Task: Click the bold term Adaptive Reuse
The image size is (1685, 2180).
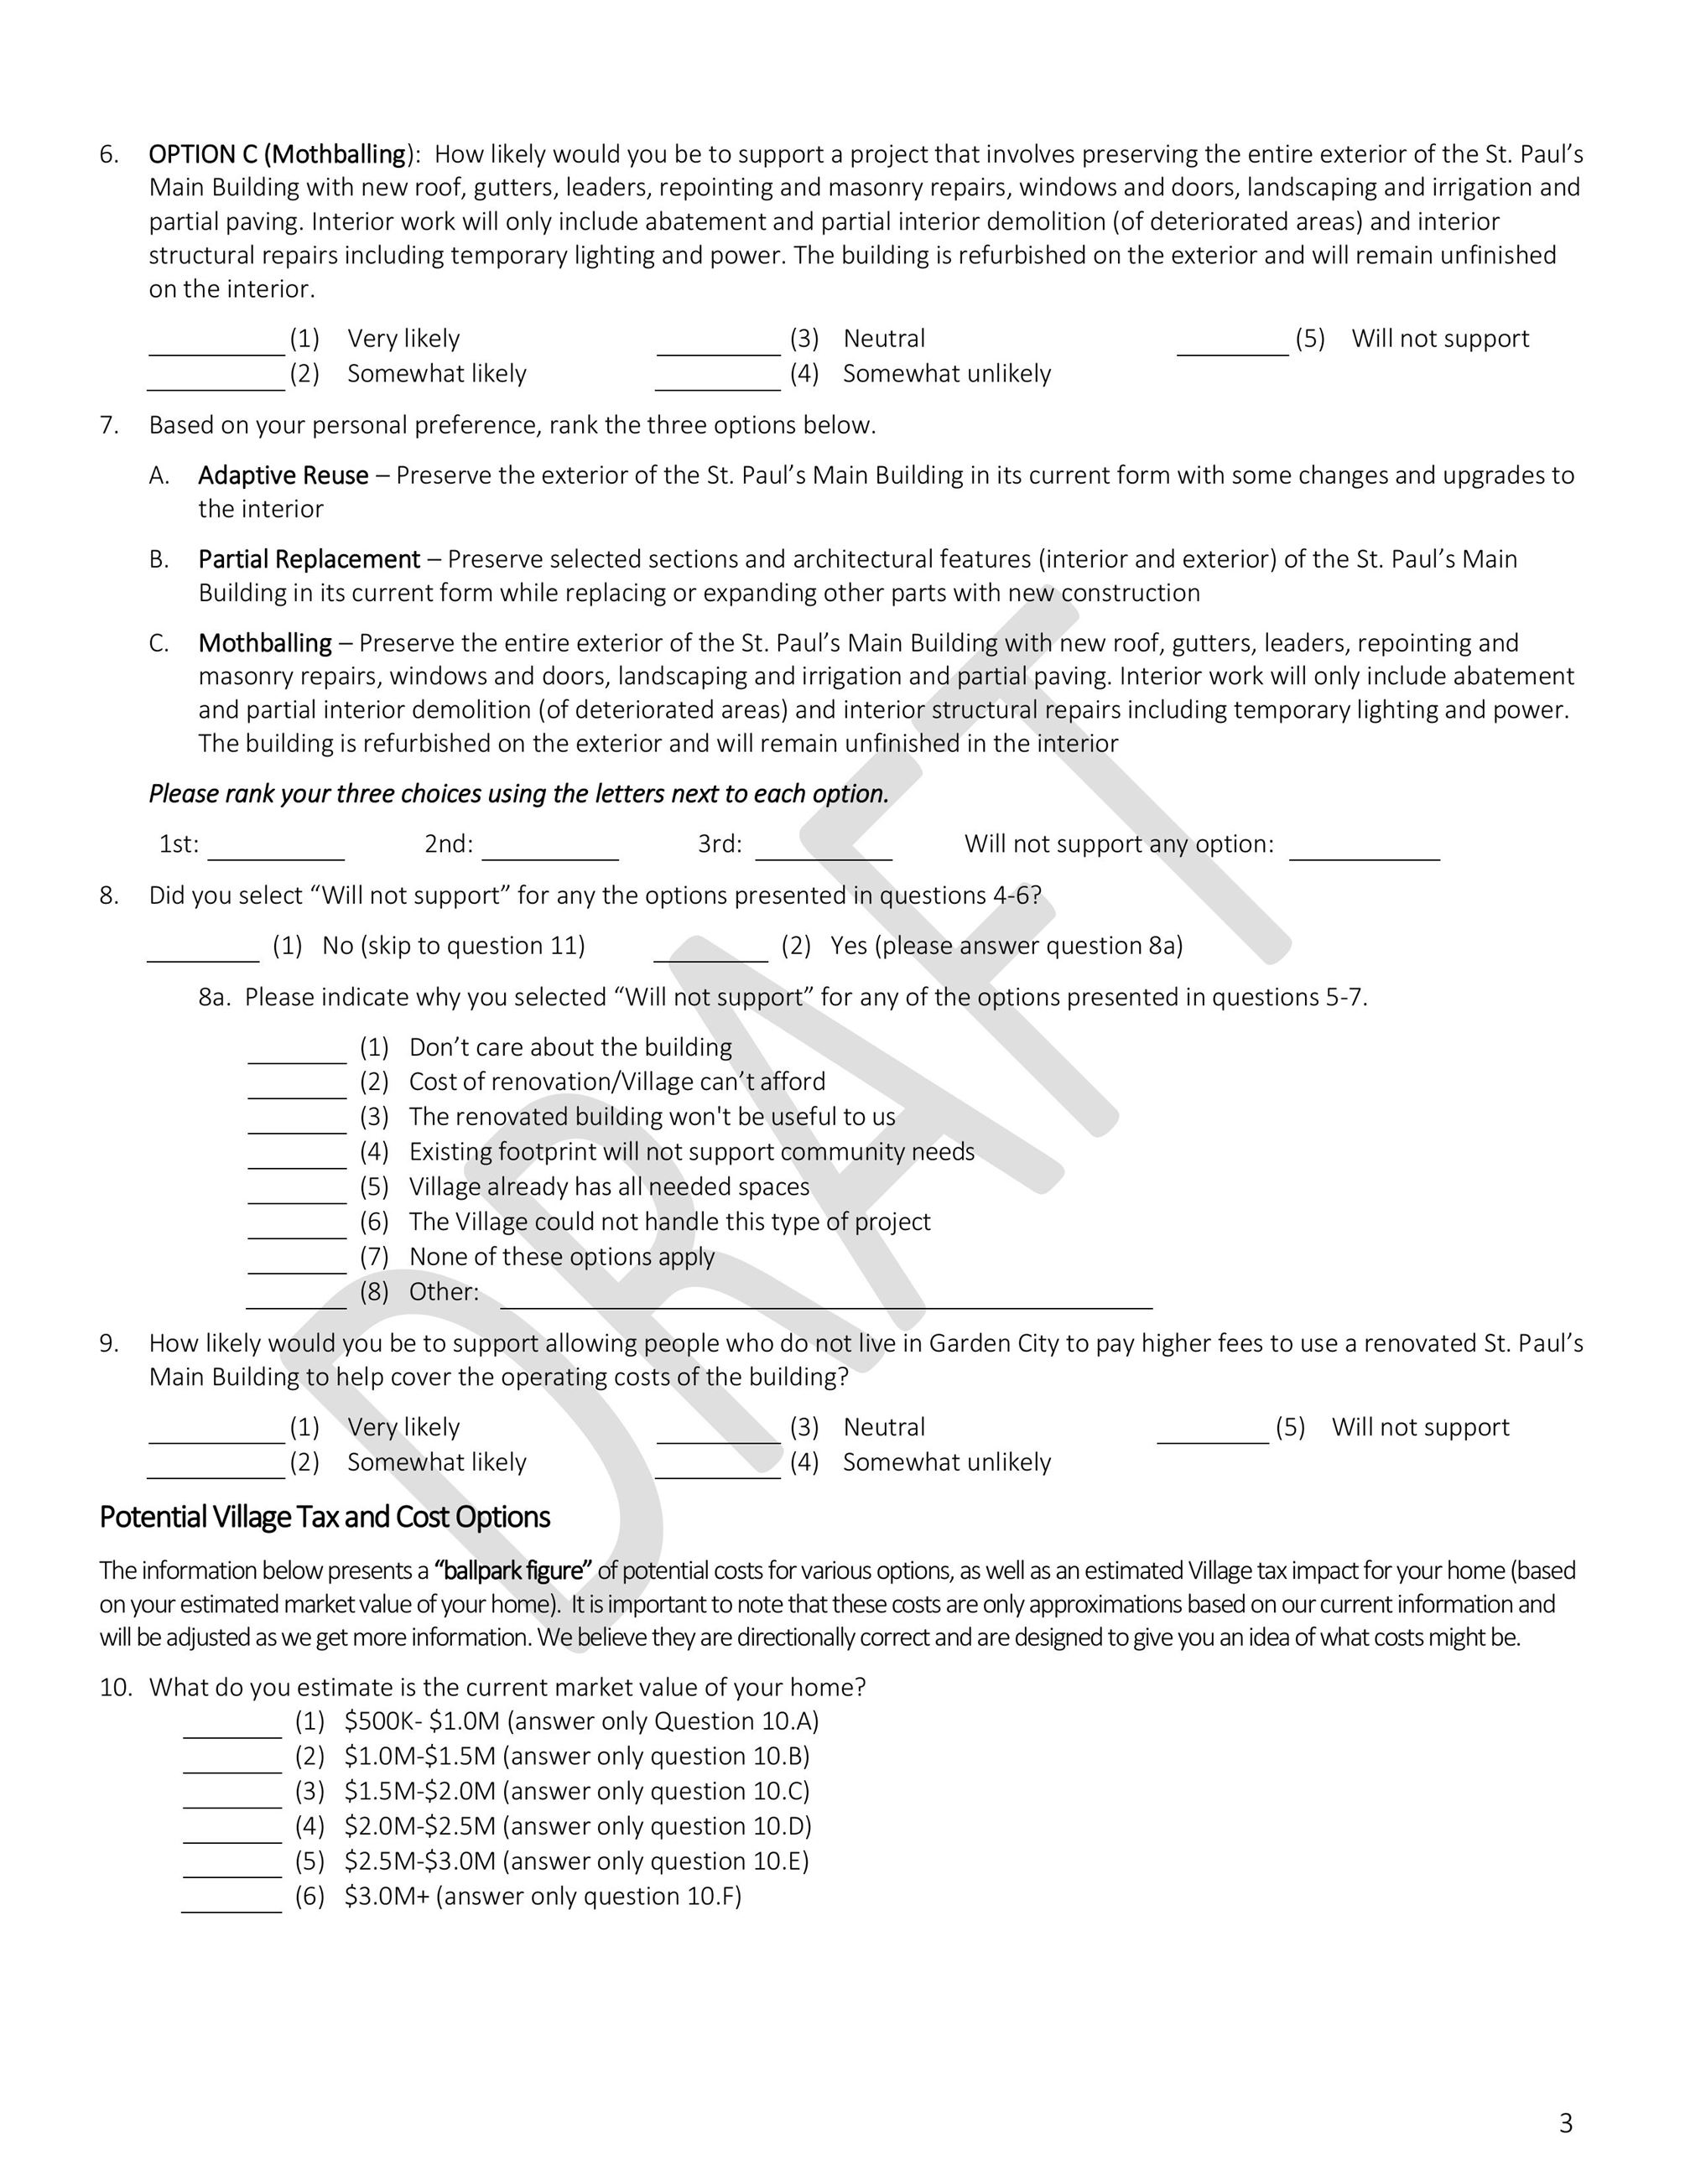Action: click(283, 475)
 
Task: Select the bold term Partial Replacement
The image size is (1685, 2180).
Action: click(309, 559)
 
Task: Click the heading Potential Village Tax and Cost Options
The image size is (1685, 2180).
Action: click(325, 1518)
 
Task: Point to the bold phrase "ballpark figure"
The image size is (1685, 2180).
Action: click(513, 1571)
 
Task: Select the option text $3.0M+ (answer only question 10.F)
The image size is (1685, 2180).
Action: click(543, 1897)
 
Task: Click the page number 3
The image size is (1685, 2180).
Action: click(1565, 2124)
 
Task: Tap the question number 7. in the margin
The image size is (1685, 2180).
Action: click(109, 425)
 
